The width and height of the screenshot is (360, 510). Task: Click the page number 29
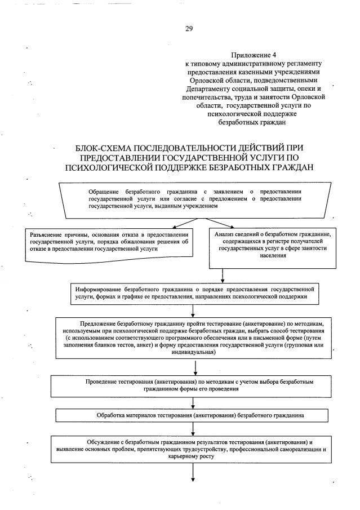[x=189, y=29]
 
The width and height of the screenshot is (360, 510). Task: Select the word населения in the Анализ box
[x=274, y=255]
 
